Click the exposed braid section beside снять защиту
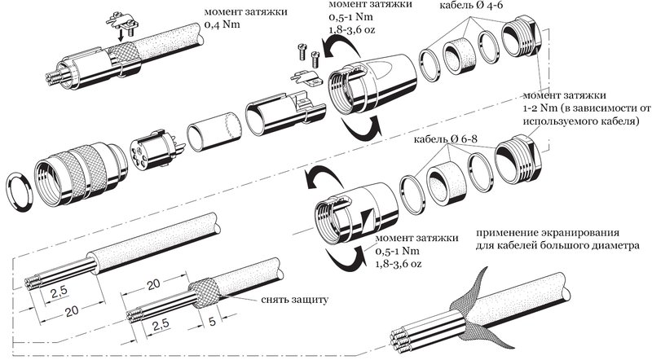coord(203,287)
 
